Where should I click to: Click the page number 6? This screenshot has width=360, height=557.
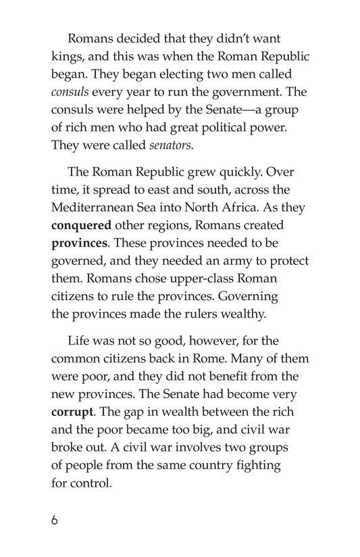pos(54,520)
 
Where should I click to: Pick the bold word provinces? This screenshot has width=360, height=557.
pos(80,244)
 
